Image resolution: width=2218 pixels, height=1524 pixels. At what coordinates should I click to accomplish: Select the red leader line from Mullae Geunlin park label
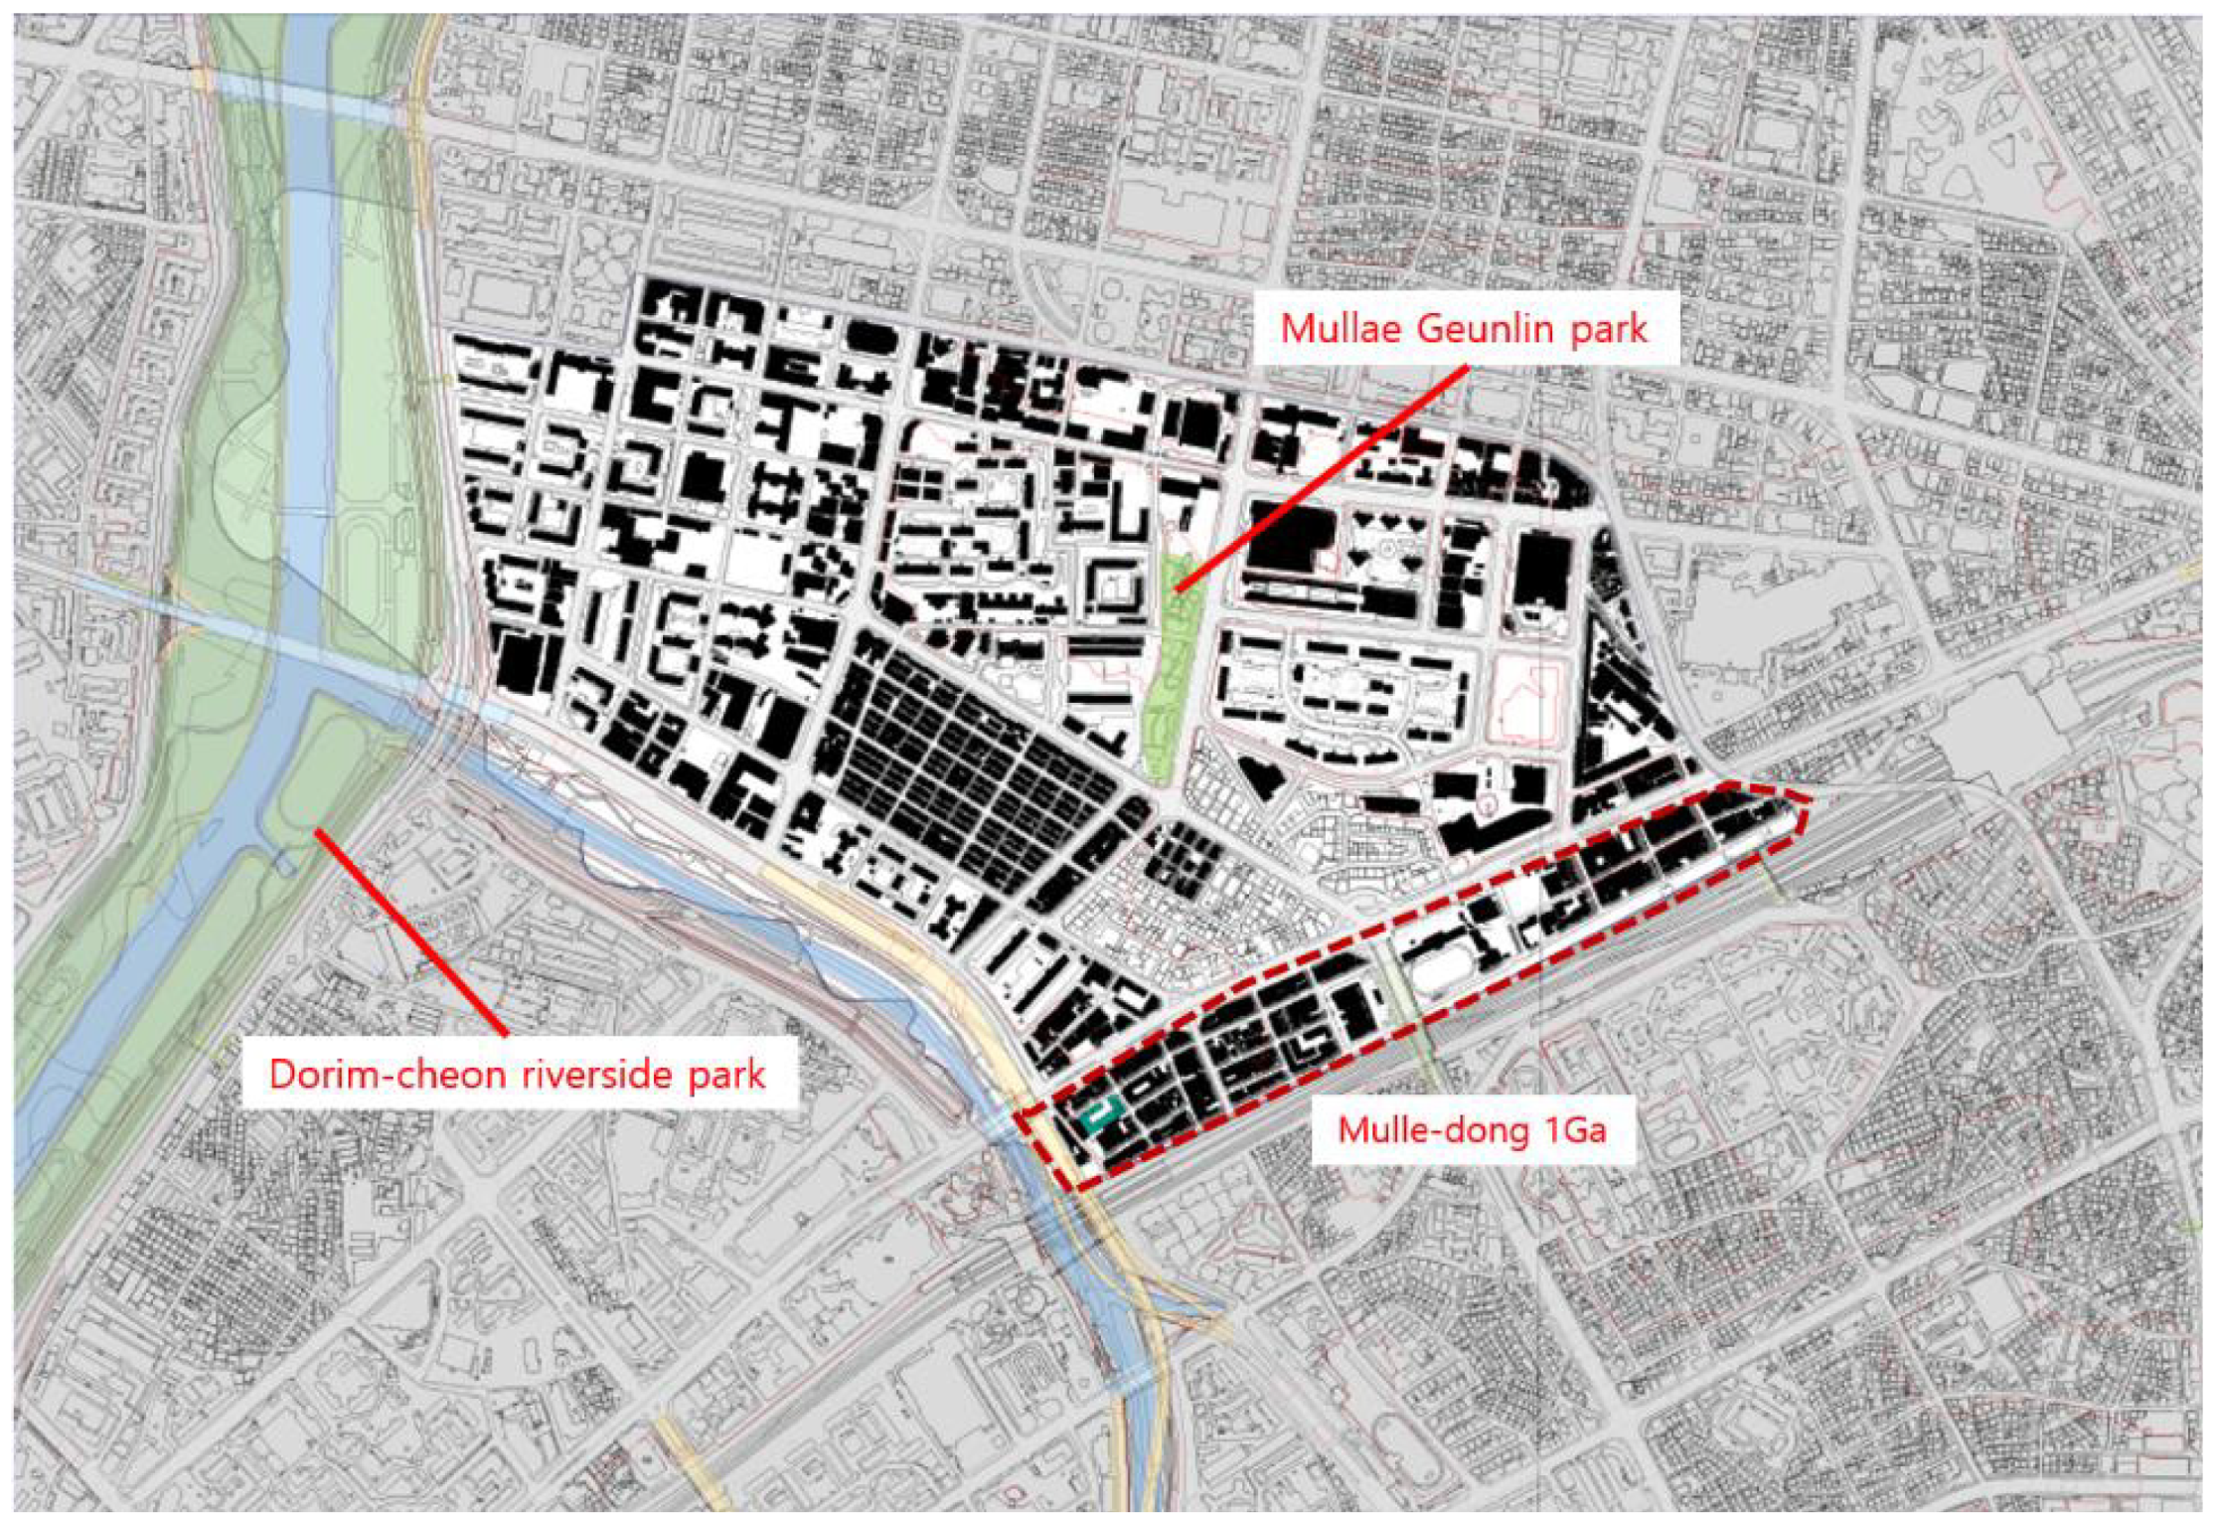(1322, 477)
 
